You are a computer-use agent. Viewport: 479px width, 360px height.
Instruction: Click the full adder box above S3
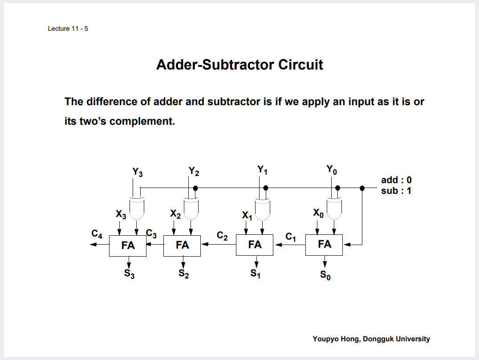pyautogui.click(x=128, y=245)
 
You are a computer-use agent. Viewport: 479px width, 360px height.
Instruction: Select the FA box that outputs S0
pyautogui.click(x=324, y=245)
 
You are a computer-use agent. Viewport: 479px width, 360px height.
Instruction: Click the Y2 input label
pyautogui.click(x=194, y=171)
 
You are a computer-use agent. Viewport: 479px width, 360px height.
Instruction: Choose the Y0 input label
pyautogui.click(x=332, y=170)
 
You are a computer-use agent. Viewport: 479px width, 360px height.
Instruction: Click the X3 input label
pyautogui.click(x=121, y=215)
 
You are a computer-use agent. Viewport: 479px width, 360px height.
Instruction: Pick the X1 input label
pyautogui.click(x=247, y=216)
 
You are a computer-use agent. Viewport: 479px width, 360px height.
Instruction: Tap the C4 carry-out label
pyautogui.click(x=97, y=234)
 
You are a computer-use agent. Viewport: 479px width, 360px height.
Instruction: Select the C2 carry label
pyautogui.click(x=222, y=236)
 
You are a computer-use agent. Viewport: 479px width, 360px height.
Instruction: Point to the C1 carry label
pyautogui.click(x=291, y=237)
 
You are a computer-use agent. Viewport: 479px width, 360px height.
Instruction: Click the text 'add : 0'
pyautogui.click(x=396, y=180)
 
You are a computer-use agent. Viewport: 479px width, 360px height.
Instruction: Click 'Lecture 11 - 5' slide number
pyautogui.click(x=68, y=29)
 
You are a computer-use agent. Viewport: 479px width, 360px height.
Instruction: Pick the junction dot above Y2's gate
pyautogui.click(x=195, y=188)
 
